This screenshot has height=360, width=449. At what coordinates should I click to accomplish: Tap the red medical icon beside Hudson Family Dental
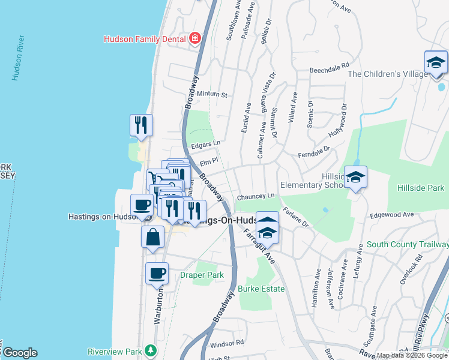pyautogui.click(x=194, y=39)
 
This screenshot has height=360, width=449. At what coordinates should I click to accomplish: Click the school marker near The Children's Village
pyautogui.click(x=436, y=63)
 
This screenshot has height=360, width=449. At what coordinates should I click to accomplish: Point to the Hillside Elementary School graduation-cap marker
pyautogui.click(x=355, y=178)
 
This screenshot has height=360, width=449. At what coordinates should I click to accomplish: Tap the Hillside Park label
pyautogui.click(x=420, y=188)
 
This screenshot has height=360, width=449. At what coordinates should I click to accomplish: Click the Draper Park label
pyautogui.click(x=202, y=275)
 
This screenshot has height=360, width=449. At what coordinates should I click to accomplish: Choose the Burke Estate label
pyautogui.click(x=261, y=289)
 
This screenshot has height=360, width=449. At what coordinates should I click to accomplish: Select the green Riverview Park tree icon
pyautogui.click(x=153, y=350)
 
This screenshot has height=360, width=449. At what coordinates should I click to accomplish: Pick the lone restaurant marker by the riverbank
pyautogui.click(x=141, y=125)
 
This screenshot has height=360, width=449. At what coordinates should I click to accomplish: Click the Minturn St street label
pyautogui.click(x=213, y=95)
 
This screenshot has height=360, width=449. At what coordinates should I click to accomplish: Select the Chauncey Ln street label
pyautogui.click(x=255, y=196)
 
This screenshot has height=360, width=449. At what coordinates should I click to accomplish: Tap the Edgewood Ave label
pyautogui.click(x=393, y=214)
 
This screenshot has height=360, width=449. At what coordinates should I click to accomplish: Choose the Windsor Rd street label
pyautogui.click(x=228, y=343)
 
